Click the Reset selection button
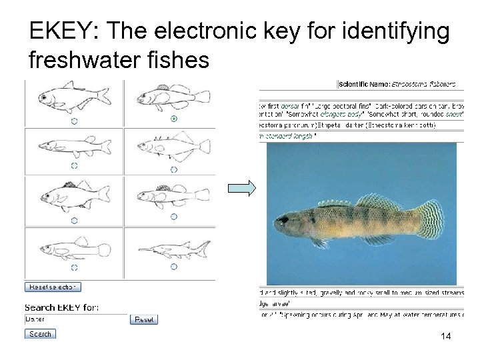53,287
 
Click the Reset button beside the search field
144,319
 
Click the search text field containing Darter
75,319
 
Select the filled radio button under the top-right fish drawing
174,119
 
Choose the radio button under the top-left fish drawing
74,121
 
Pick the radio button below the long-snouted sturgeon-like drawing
174,267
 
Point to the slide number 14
446,337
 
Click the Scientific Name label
364,84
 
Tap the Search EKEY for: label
61,307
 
